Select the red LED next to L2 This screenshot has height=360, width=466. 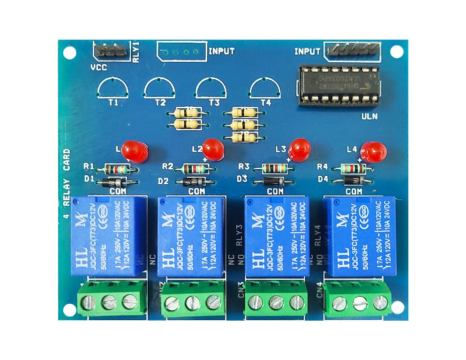213,148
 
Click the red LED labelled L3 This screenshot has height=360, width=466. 299,149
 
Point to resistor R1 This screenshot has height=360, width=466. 117,169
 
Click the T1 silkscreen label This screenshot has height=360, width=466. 113,102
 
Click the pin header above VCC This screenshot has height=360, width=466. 111,50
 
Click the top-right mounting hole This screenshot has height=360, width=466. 397,52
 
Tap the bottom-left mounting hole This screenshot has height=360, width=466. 69,310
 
